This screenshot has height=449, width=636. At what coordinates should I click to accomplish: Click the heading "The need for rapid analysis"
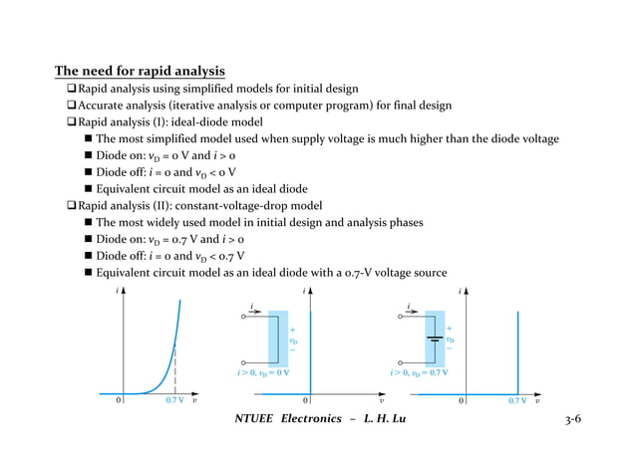(139, 72)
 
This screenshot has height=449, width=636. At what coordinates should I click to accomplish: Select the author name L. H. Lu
(380, 417)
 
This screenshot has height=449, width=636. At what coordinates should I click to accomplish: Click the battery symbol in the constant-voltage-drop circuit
(435, 337)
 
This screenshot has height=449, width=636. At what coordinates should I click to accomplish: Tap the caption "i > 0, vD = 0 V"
(263, 374)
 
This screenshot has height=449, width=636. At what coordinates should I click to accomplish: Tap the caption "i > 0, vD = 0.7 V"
(419, 374)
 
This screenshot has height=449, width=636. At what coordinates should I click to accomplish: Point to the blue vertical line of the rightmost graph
(518, 348)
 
